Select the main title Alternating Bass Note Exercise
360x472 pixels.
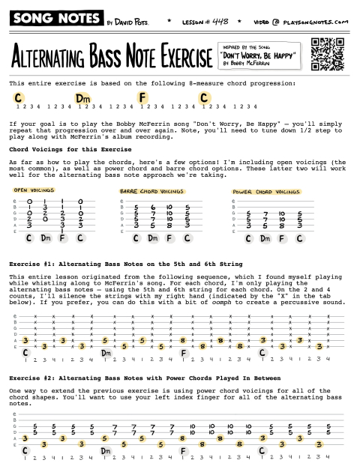coord(108,56)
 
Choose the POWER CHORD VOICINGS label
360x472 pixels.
coord(265,192)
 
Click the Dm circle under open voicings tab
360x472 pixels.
coord(45,238)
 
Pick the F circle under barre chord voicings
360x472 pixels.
coord(169,238)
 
